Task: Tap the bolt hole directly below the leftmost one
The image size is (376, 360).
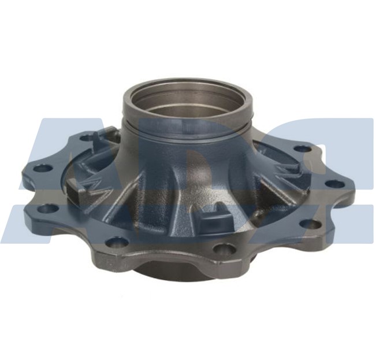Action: (50, 208)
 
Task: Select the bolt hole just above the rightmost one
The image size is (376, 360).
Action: (302, 149)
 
